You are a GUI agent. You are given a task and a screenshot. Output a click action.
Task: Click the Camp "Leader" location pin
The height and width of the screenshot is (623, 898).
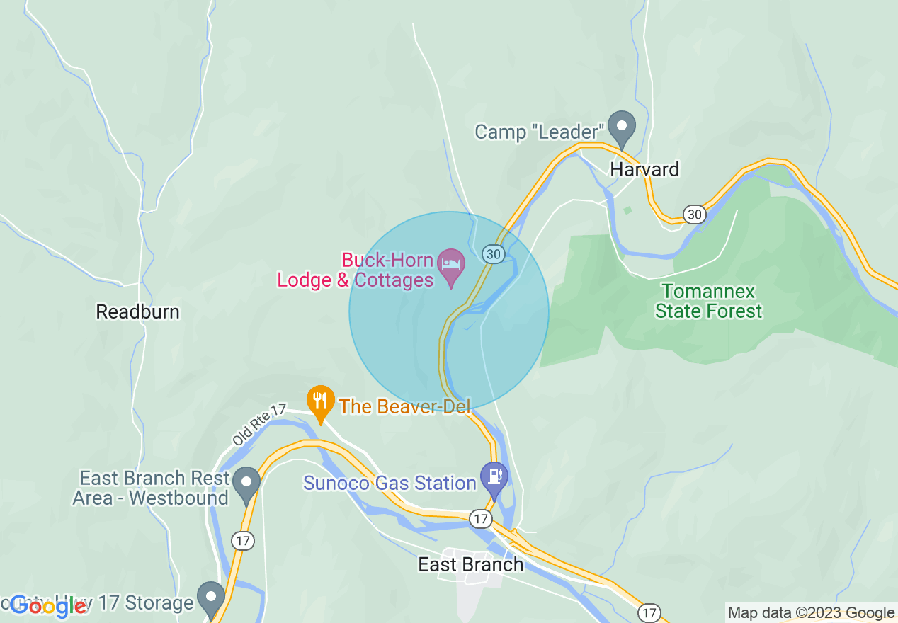tap(622, 127)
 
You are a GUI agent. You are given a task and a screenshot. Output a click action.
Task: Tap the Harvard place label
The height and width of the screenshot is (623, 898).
tap(645, 169)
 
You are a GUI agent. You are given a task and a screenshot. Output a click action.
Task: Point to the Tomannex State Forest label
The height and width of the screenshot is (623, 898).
tap(708, 302)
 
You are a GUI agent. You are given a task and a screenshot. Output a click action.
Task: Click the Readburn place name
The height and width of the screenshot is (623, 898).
tap(138, 311)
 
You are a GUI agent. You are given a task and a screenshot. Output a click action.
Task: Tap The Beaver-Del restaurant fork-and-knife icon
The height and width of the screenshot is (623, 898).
tap(320, 401)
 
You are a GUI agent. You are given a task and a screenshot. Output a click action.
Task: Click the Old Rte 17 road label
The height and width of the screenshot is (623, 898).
tap(258, 425)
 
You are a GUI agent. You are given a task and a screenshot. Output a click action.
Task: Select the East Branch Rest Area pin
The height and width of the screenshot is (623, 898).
tap(246, 484)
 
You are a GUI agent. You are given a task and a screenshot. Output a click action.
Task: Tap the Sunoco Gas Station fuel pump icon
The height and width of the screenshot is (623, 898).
tap(494, 477)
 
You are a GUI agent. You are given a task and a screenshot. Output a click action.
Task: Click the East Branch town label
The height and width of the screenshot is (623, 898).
tap(471, 564)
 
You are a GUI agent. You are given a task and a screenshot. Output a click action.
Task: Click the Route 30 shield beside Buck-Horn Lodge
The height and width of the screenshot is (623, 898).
tap(493, 253)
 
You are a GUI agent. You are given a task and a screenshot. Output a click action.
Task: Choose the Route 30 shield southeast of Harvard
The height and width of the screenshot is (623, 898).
tap(695, 214)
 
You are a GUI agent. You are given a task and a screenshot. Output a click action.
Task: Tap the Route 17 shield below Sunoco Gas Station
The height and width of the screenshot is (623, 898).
tap(481, 519)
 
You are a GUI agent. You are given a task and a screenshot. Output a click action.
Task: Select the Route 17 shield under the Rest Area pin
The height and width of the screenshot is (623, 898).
tap(242, 541)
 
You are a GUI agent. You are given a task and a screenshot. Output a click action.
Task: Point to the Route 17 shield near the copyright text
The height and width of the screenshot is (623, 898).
tap(649, 612)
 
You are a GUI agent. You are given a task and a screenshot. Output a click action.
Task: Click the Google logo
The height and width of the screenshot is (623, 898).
tap(48, 605)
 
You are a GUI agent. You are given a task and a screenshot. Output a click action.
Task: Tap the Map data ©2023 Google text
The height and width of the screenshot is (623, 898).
tap(811, 613)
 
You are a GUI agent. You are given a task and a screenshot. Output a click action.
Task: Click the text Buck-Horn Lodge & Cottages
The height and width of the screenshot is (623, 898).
tap(355, 270)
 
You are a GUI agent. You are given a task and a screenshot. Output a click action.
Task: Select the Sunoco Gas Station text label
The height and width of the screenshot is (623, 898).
tap(390, 484)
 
